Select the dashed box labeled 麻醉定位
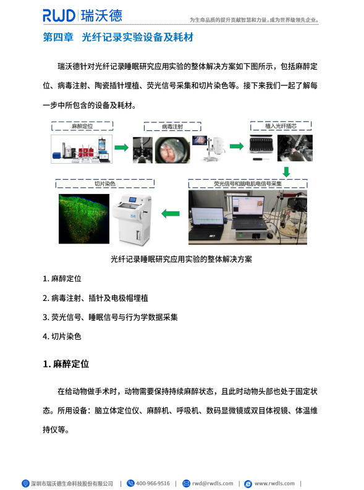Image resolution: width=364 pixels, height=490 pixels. tap(82, 126)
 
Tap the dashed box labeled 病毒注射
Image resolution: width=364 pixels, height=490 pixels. tap(173, 127)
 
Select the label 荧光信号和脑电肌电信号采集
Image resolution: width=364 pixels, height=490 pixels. tap(247, 184)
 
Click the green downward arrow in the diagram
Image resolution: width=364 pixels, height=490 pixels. tap(286, 171)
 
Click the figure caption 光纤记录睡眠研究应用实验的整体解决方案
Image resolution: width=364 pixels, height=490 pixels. tap(181, 260)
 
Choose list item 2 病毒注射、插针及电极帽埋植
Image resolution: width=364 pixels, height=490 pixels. tap(95, 298)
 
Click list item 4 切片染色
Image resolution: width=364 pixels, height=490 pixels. tap(62, 336)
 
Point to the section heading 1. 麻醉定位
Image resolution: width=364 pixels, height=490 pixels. tap(66, 363)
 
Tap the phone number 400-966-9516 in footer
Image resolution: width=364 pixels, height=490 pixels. tap(152, 483)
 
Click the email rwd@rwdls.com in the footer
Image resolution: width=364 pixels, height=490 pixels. tap(212, 483)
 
